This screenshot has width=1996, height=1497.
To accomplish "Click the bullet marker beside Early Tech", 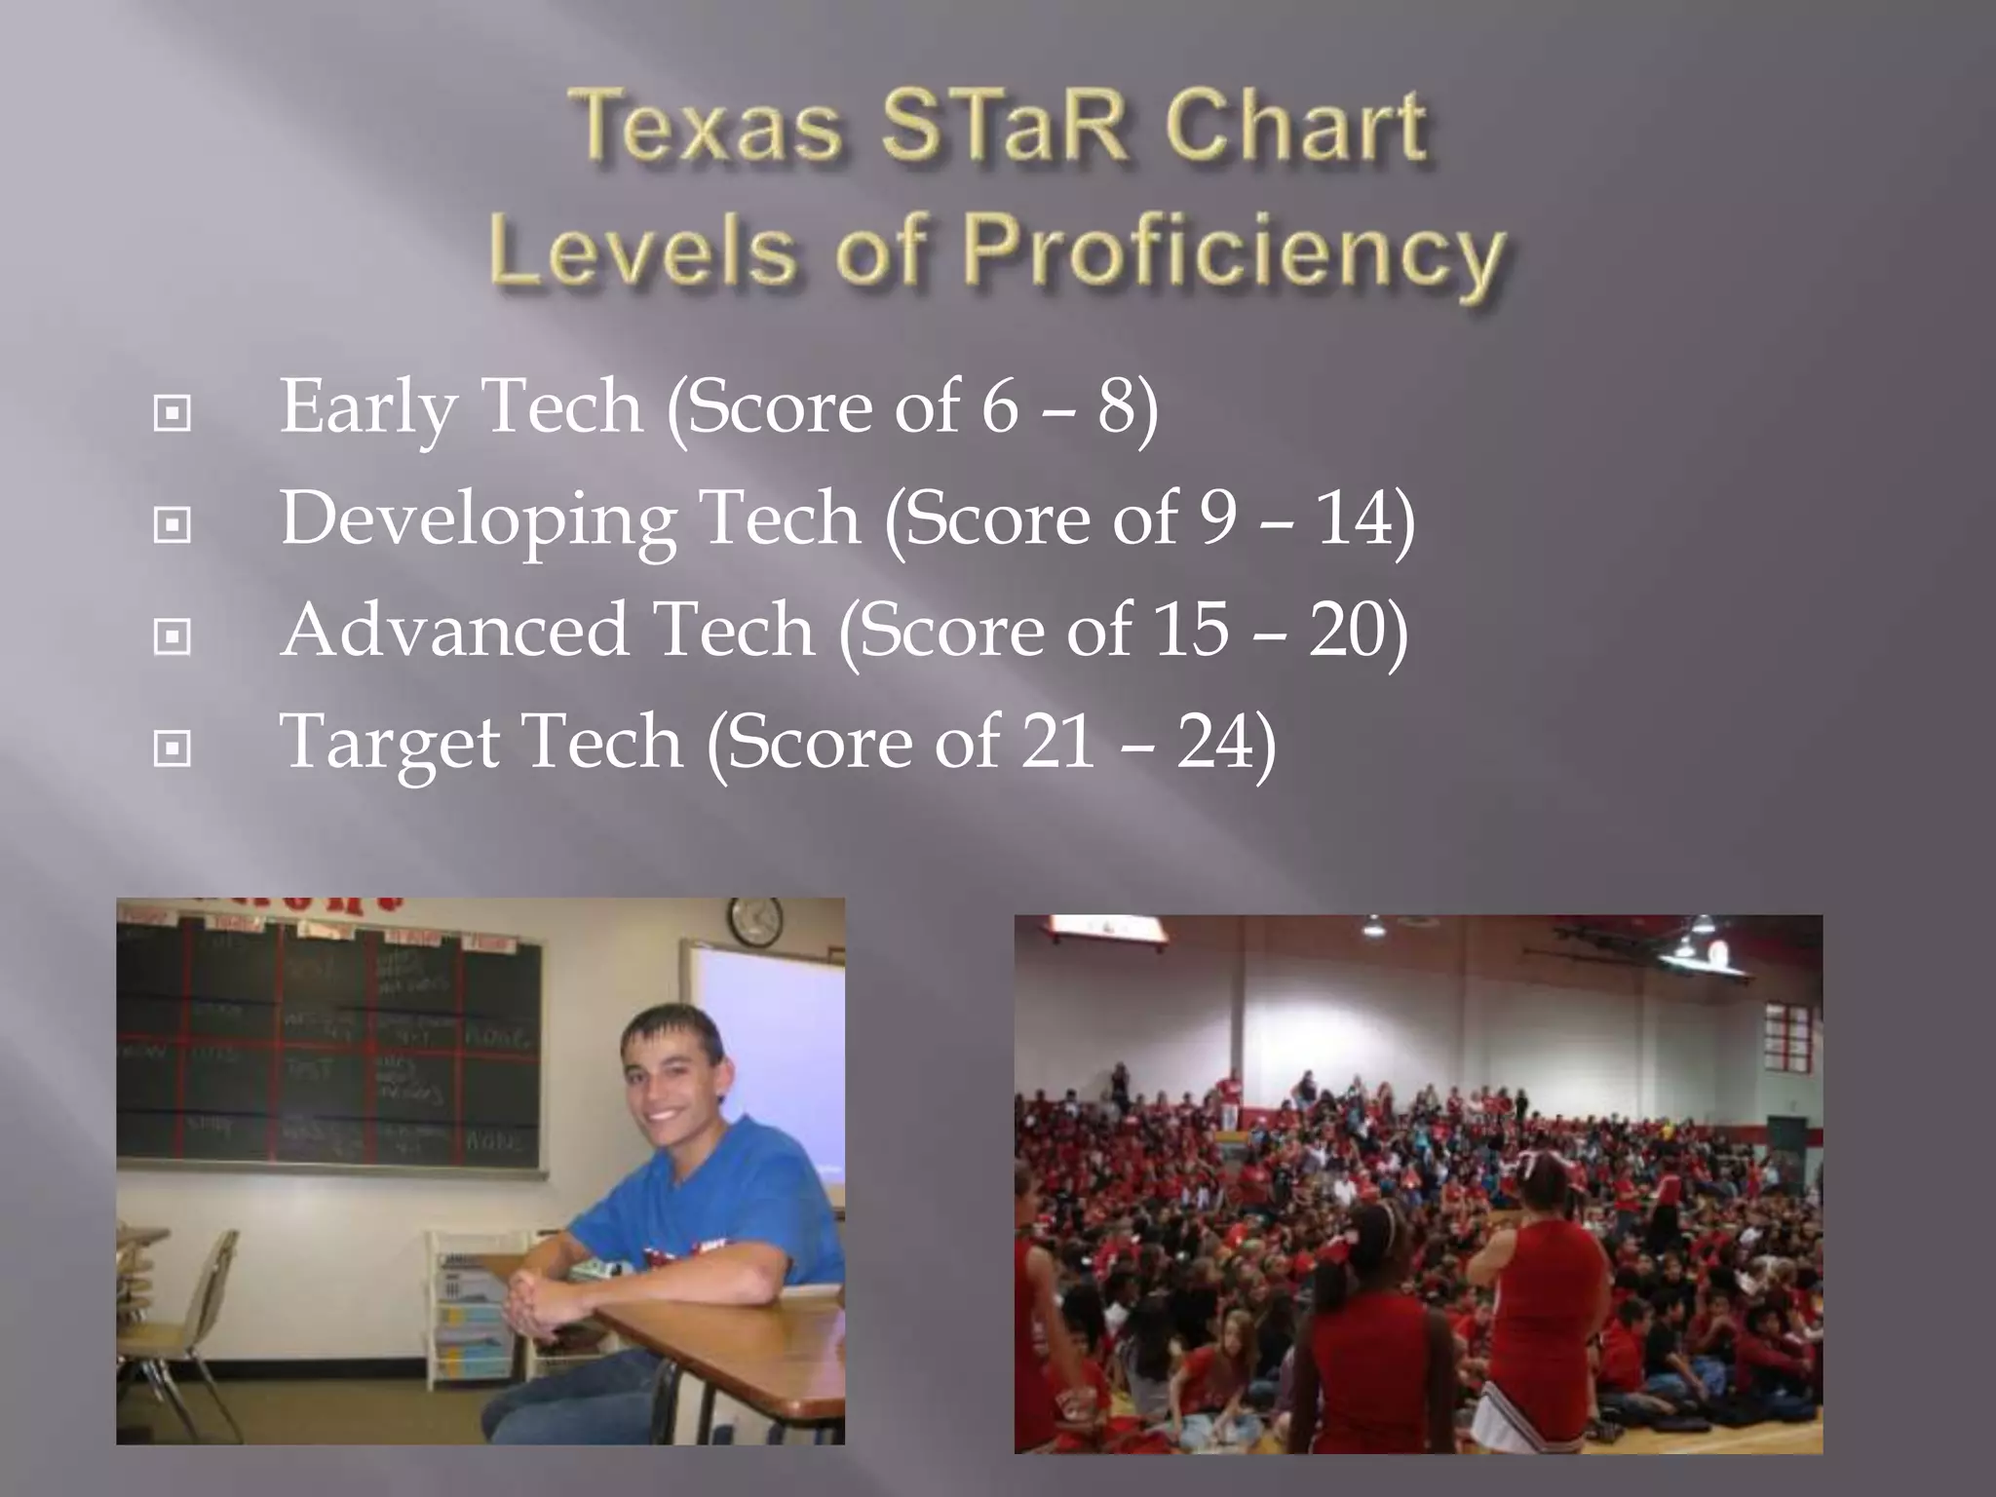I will coord(173,413).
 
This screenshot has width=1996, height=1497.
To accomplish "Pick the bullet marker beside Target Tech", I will coord(173,748).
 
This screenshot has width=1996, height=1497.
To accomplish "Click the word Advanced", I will coord(454,631).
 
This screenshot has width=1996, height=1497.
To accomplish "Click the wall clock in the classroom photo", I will coord(755,920).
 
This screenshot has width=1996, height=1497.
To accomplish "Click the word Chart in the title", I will coord(1296,128).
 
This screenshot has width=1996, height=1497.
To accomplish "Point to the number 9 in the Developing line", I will coord(1218,518).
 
